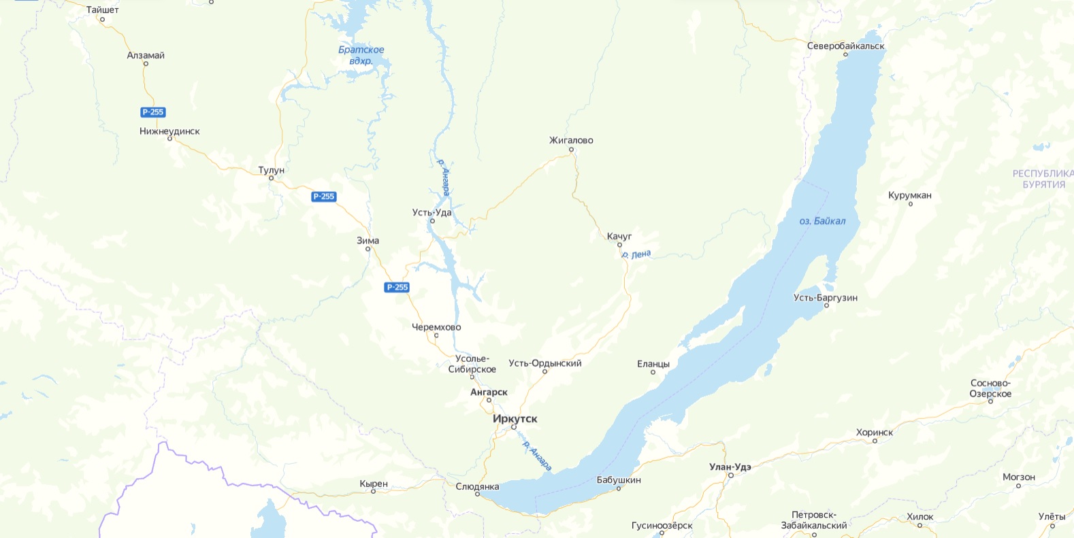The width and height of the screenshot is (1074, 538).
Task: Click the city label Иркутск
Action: [x=515, y=419]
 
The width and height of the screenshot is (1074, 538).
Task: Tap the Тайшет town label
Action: [x=102, y=10]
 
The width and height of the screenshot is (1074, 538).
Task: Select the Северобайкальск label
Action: [x=845, y=46]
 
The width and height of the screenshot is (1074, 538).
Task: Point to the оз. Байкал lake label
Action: [x=822, y=221]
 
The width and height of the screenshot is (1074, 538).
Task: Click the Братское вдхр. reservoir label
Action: [x=361, y=55]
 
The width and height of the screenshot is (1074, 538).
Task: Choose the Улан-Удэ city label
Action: [x=730, y=467]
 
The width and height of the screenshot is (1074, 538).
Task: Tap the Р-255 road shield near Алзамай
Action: [x=153, y=112]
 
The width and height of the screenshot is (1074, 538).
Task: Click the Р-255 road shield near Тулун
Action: [x=323, y=197]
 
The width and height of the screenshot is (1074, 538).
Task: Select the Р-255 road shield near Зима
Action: [x=397, y=287]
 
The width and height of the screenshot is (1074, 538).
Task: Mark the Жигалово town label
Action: [x=571, y=141]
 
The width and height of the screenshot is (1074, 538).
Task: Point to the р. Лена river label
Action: [x=636, y=254]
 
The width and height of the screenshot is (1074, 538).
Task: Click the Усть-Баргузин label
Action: [x=825, y=298]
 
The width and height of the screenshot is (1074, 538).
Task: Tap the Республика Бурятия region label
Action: [x=1043, y=179]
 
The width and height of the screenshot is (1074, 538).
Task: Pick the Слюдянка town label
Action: [x=477, y=486]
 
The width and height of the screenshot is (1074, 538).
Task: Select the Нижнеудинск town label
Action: [x=169, y=131]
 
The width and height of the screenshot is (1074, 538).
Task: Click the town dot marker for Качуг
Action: [x=619, y=245]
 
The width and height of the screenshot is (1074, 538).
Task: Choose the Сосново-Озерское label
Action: [x=990, y=388]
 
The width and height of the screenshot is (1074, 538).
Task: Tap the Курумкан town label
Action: [x=909, y=196]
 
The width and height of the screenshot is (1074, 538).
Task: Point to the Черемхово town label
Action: [x=436, y=327]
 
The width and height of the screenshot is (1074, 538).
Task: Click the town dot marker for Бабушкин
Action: [x=619, y=488]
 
